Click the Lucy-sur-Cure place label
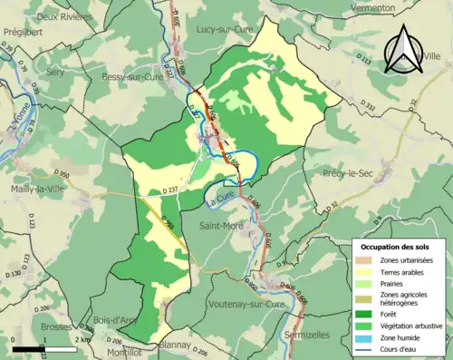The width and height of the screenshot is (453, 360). [x=224, y=29]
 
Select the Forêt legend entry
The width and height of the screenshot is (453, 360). [x=393, y=304]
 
